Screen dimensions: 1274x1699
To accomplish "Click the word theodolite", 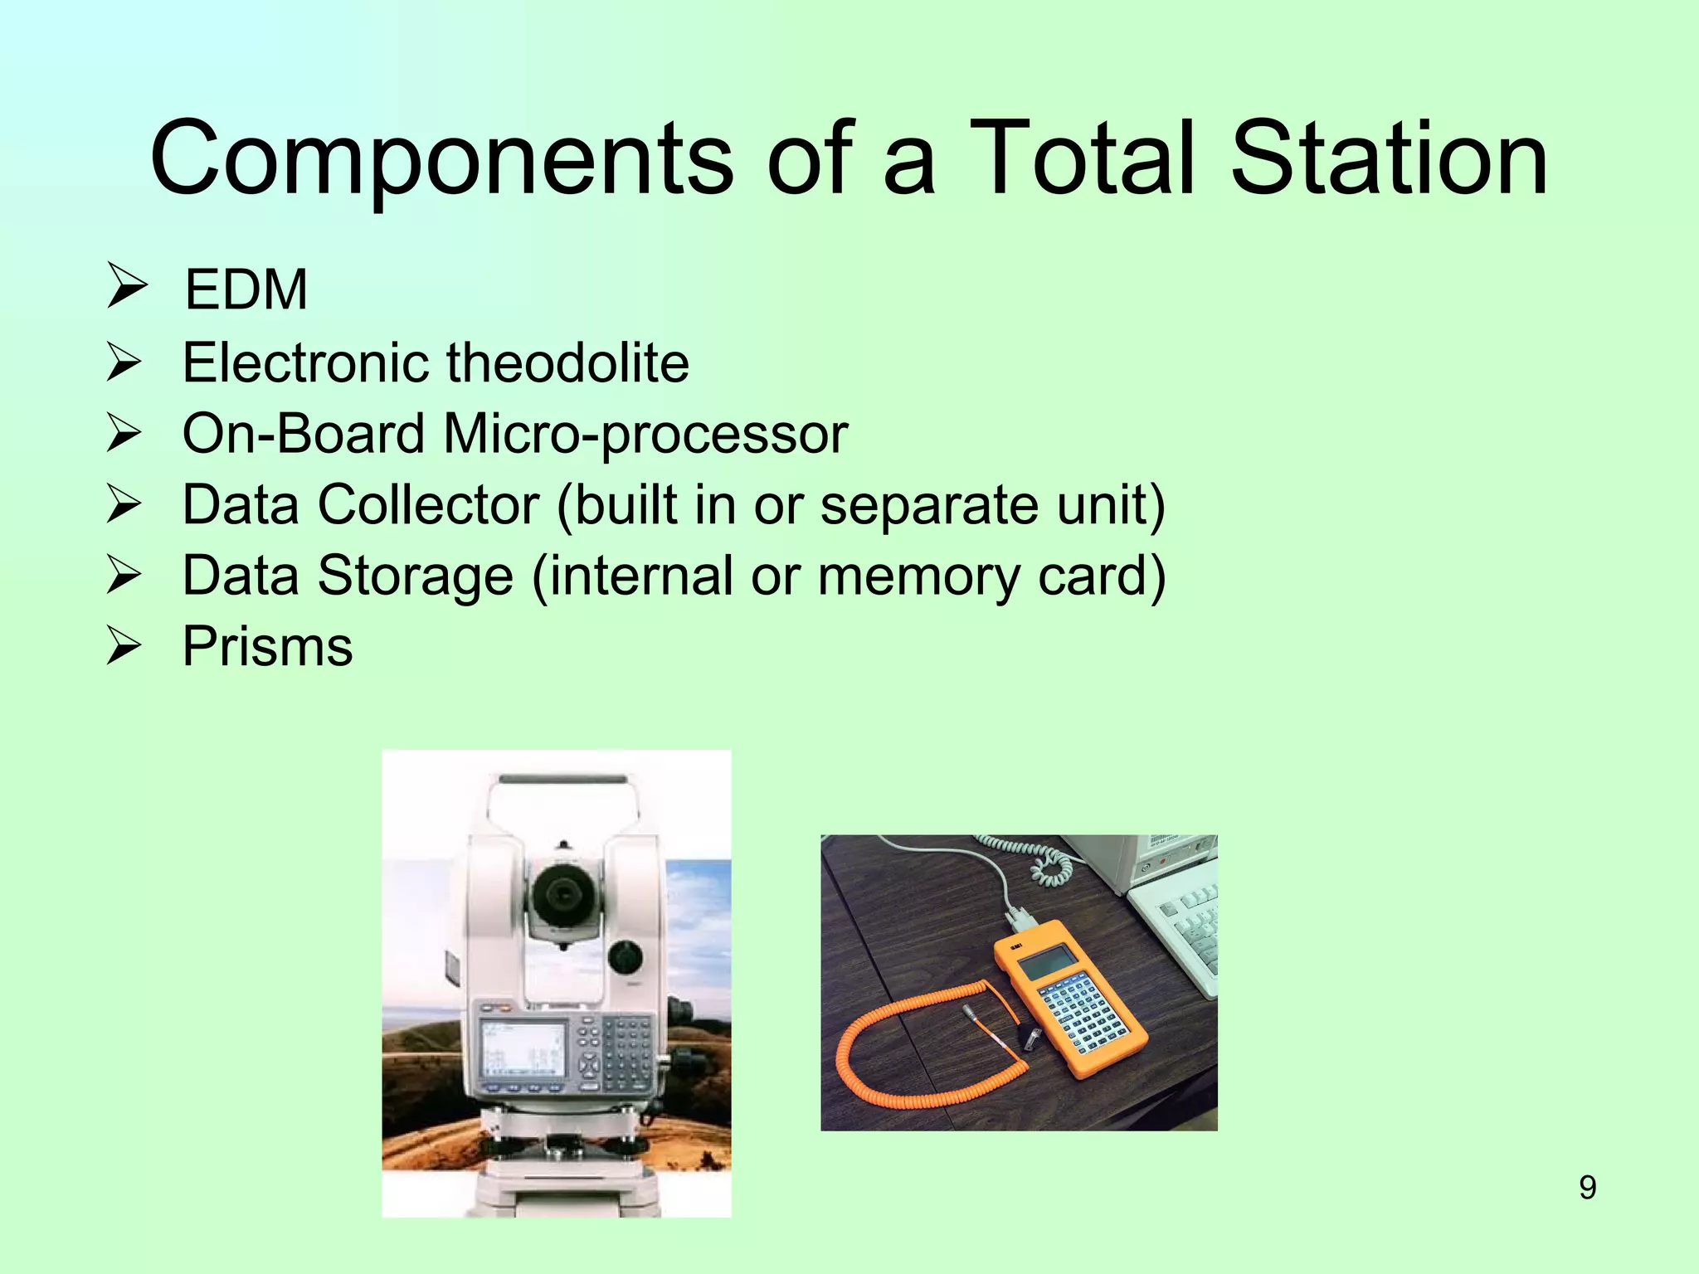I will point(567,363).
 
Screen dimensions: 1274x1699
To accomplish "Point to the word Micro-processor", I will point(645,434).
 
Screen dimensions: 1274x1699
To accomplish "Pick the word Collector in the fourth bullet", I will point(428,504).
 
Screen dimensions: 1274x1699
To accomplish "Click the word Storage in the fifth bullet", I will point(415,576).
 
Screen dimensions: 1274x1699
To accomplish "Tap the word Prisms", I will point(267,646).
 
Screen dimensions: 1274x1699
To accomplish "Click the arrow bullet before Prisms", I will point(125,647).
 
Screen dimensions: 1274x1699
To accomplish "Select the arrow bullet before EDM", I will point(125,287).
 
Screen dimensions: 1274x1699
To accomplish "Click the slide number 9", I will point(1587,1188).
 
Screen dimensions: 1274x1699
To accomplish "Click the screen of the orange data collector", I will point(1046,965).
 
